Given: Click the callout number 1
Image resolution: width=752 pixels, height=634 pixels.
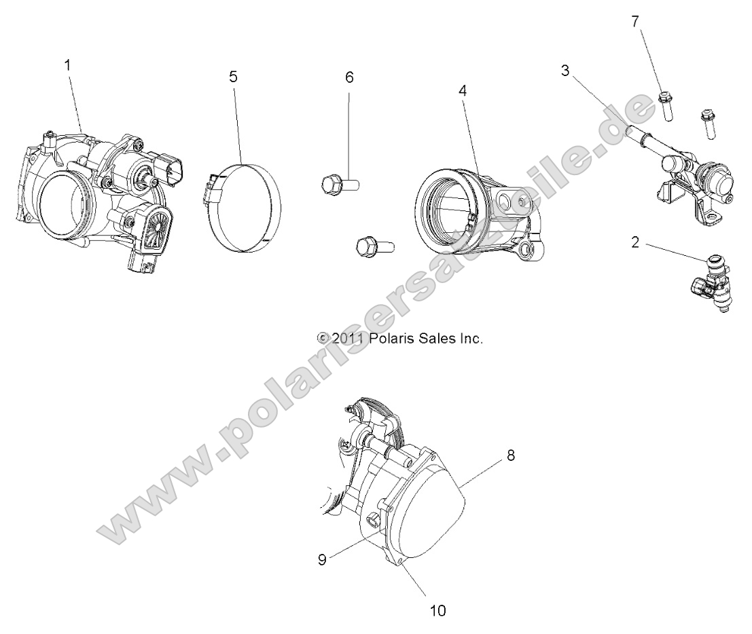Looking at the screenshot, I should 67,65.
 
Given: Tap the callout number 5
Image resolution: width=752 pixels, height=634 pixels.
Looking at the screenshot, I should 233,77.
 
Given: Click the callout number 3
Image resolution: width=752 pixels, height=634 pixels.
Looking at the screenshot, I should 565,71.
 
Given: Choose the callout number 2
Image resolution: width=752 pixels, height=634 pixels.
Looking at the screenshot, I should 635,242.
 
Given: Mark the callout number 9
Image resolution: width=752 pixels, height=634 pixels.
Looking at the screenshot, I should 322,559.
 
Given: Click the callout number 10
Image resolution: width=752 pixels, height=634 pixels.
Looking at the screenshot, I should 438,610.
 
